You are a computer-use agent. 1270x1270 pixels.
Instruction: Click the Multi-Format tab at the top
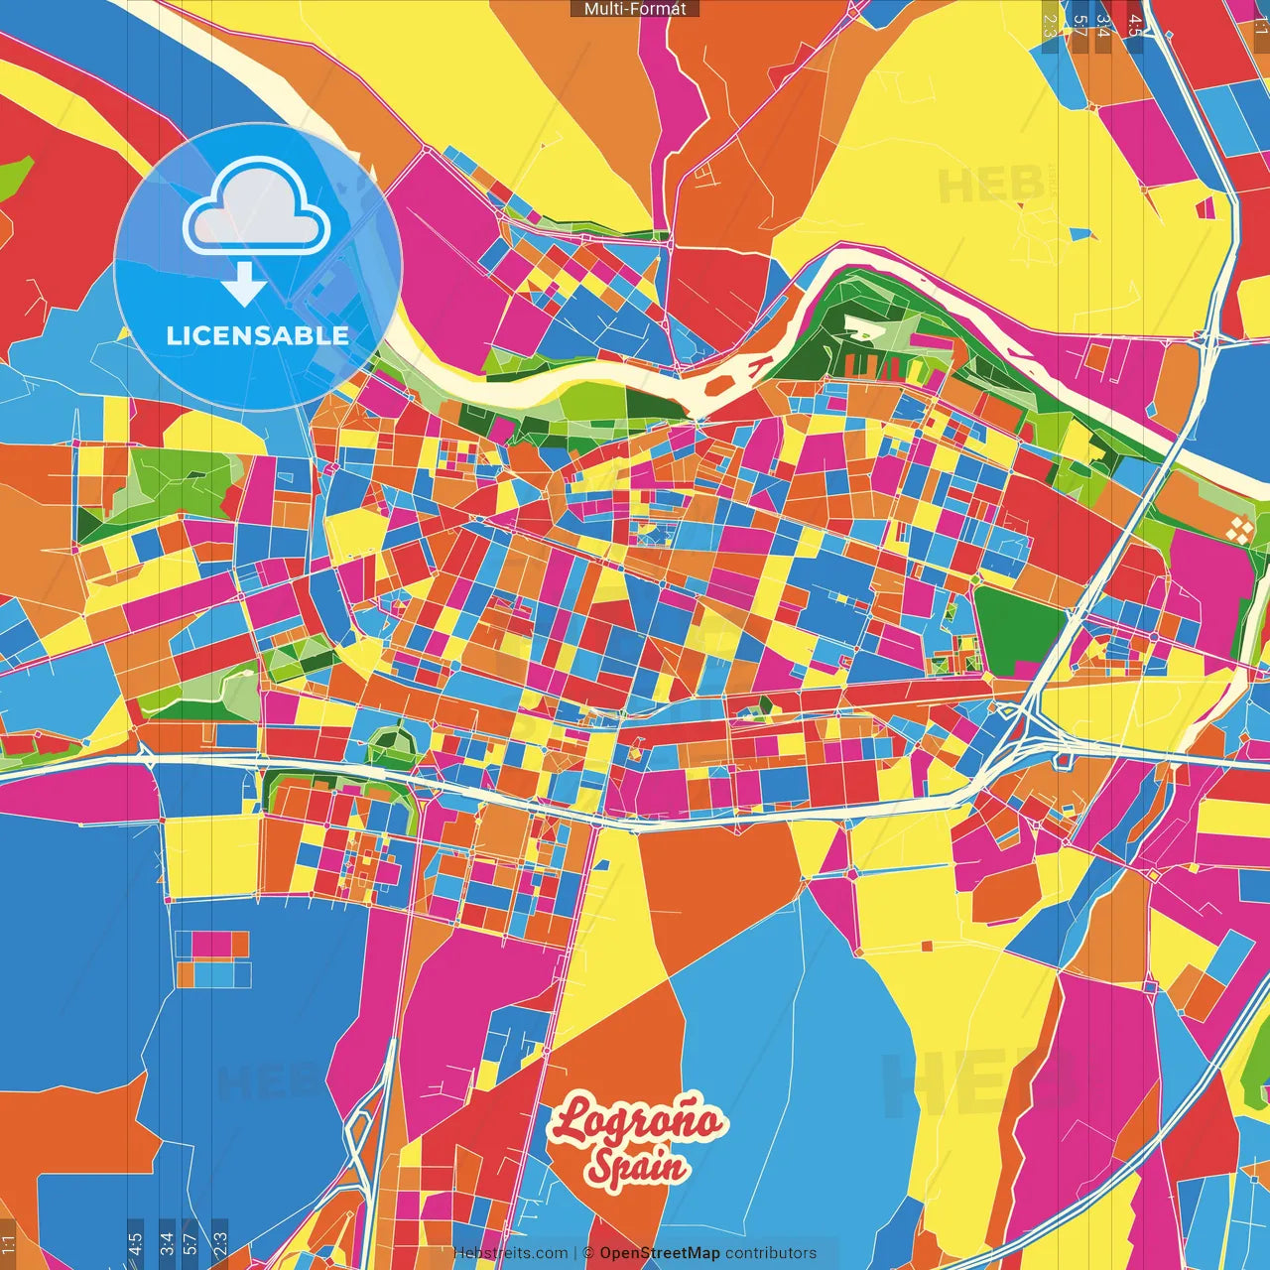(635, 9)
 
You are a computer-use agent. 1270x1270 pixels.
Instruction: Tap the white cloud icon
(256, 210)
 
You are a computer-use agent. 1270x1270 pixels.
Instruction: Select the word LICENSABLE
(257, 335)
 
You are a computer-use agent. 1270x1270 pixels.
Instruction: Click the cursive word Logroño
(638, 1122)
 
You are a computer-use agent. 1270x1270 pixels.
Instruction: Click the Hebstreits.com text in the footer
(510, 1253)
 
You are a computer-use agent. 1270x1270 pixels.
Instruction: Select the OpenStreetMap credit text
(659, 1253)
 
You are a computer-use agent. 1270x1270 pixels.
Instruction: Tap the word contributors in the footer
(770, 1253)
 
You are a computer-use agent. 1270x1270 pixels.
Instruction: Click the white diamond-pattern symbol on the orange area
(1239, 529)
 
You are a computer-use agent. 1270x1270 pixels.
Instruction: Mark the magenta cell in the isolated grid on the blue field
(212, 944)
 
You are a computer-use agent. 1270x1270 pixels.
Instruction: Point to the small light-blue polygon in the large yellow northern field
(1079, 235)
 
